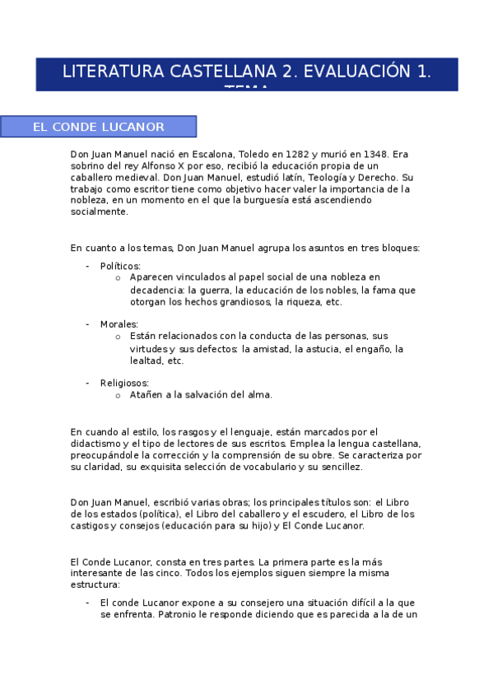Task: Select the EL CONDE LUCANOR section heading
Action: click(x=98, y=127)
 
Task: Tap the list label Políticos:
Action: click(x=120, y=266)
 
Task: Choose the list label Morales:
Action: click(x=119, y=324)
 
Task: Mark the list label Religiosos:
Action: click(x=124, y=383)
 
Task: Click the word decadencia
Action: click(x=156, y=290)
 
